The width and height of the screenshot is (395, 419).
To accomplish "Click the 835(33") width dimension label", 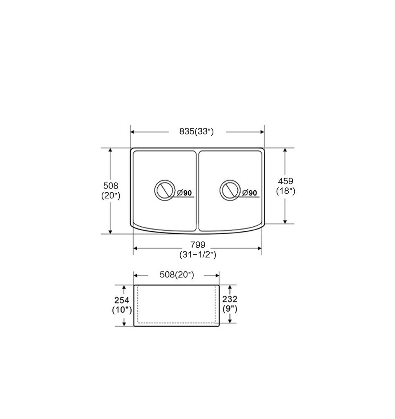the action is [x=196, y=132].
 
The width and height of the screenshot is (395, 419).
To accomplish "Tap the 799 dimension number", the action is [x=197, y=245].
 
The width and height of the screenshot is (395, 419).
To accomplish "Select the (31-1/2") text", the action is [x=197, y=255].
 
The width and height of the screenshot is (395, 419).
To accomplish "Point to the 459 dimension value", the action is [x=285, y=181].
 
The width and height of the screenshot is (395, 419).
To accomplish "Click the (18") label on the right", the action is [x=285, y=191].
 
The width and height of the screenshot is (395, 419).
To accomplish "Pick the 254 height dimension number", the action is [x=122, y=300].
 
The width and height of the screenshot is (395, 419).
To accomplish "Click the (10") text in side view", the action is [x=122, y=310].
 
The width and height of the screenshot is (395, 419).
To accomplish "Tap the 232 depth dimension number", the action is [x=230, y=299].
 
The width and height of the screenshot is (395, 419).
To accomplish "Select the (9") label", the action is [x=230, y=309].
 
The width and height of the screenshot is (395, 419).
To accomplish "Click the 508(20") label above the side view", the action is [x=177, y=275].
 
